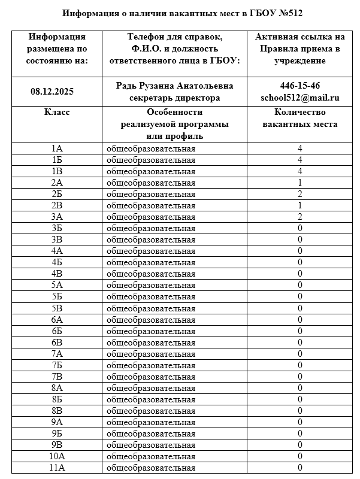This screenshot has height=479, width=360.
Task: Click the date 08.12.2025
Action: coord(52,92)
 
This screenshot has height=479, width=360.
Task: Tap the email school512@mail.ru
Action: coord(300,98)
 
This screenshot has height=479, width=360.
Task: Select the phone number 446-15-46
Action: coord(300,86)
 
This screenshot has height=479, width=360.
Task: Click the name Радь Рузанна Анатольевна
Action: coord(175,86)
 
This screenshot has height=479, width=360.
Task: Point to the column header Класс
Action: coord(57,112)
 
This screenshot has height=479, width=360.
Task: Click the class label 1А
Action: coord(57,148)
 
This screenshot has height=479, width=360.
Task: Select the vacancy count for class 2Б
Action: coord(300,194)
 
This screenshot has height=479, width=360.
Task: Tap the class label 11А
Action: coord(57,468)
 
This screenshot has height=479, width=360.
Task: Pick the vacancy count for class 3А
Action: coord(300,217)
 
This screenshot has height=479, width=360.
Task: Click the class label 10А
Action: coord(57,456)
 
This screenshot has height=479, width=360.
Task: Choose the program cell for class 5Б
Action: coord(151,296)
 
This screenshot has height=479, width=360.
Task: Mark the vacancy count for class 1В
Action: coord(300,171)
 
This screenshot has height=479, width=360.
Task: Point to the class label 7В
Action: coord(57,377)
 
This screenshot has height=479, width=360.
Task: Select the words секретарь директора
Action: coord(175,98)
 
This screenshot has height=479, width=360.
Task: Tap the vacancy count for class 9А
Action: coord(300,422)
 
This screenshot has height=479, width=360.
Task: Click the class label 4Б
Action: coord(57,262)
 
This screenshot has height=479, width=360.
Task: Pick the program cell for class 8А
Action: coord(151,388)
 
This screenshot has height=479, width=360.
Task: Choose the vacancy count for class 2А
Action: coord(300,183)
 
